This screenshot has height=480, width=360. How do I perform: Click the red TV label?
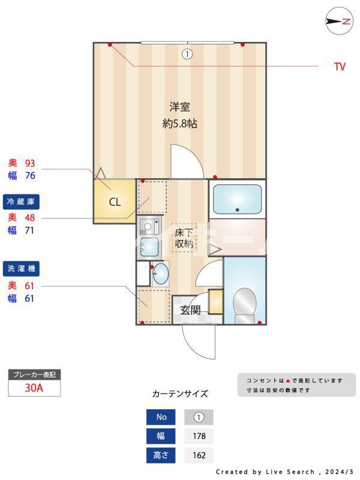coord(340,67)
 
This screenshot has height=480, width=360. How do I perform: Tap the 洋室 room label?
coord(179,107)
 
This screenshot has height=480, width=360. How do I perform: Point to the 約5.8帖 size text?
coord(179,124)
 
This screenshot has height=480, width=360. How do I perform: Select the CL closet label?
coord(115,202)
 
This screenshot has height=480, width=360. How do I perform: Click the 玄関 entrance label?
coord(190,310)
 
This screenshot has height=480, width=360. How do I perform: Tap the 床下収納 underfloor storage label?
coord(184,238)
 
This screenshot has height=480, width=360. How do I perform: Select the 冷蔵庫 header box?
coord(23,202)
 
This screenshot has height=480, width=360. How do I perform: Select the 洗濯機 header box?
coord(23,268)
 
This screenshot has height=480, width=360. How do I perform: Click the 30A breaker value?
coord(34,388)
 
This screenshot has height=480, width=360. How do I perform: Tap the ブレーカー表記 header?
coord(34,375)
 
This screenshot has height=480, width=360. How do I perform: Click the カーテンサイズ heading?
coord(180,394)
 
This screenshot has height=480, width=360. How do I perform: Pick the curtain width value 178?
coord(199,436)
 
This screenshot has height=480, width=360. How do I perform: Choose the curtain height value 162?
coord(199,455)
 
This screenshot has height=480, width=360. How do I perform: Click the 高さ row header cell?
coord(161,455)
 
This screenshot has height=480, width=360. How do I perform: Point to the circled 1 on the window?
coord(187,54)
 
